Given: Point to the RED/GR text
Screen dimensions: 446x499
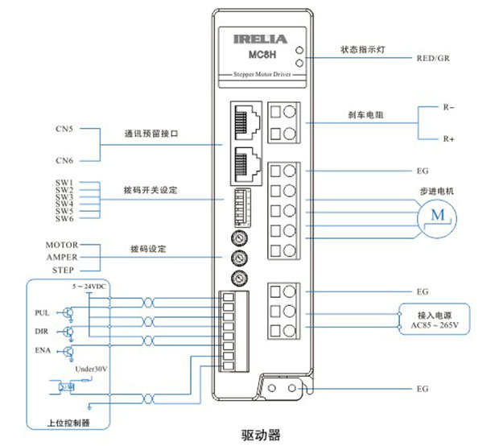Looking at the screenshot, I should pyautogui.click(x=433, y=58).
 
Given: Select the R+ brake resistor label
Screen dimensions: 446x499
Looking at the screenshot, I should pyautogui.click(x=449, y=139).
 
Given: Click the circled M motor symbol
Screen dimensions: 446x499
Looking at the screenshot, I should pyautogui.click(x=437, y=214).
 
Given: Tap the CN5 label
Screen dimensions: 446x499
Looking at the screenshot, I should pyautogui.click(x=64, y=128).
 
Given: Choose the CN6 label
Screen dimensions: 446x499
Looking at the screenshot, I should pyautogui.click(x=64, y=160).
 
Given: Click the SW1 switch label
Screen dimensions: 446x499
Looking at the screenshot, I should pyautogui.click(x=64, y=183).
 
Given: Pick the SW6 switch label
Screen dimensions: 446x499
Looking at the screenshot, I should pyautogui.click(x=64, y=219).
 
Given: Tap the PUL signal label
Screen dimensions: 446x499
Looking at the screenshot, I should pyautogui.click(x=43, y=312).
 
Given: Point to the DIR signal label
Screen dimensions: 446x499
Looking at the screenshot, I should pyautogui.click(x=43, y=331).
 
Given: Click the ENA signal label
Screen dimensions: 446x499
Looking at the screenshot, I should pyautogui.click(x=43, y=351).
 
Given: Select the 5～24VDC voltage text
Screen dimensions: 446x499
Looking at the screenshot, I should pyautogui.click(x=89, y=287).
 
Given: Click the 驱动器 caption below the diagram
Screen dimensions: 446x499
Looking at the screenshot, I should pyautogui.click(x=261, y=435).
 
